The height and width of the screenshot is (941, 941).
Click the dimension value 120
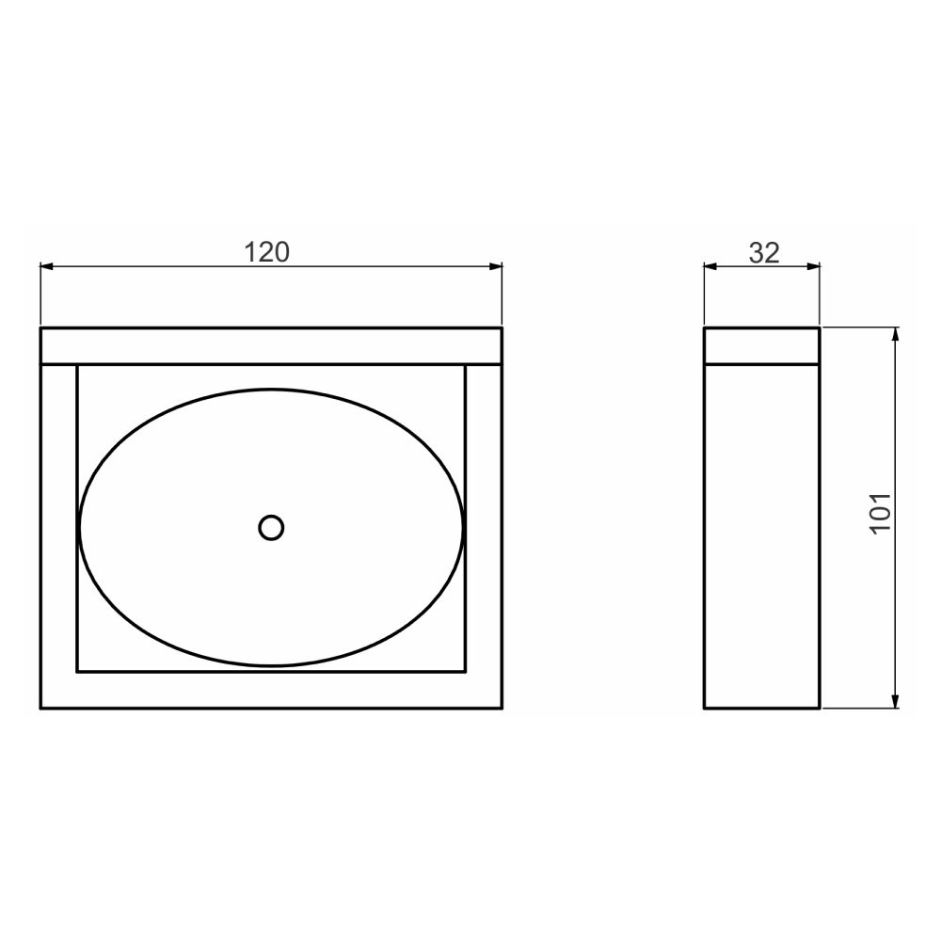[x=267, y=252]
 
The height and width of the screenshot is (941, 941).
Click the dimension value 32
[x=764, y=252]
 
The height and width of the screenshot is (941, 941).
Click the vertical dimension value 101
[x=881, y=513]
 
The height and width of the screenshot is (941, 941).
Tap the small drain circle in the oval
[x=271, y=528]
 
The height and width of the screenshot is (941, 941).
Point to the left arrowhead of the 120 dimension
[x=47, y=266]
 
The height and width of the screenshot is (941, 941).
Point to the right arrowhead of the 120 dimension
[x=495, y=266]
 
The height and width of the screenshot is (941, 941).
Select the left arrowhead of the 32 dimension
[x=710, y=266]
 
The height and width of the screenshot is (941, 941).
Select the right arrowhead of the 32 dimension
[x=813, y=266]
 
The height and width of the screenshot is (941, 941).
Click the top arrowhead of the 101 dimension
[x=896, y=334]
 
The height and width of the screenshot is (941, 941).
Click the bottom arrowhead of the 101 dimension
[x=896, y=702]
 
